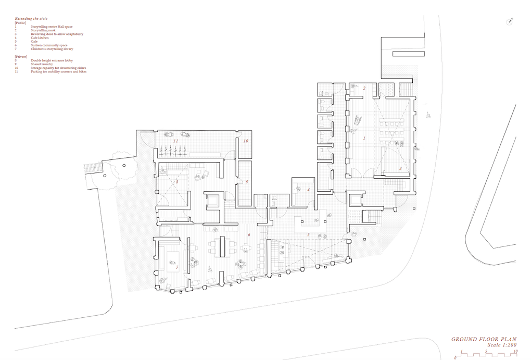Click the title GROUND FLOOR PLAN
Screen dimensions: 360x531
484,339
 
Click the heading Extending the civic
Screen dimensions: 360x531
31,18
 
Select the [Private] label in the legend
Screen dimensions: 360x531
21,56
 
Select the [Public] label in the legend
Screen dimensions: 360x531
20,22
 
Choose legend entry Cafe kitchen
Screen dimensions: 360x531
40,38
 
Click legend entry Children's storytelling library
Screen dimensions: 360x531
52,49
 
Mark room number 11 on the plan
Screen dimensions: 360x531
175,141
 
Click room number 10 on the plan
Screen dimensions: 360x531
246,141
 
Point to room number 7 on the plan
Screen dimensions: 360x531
177,267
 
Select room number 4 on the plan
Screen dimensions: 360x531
308,190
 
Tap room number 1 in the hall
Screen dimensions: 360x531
364,138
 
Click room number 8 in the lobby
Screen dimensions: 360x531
177,182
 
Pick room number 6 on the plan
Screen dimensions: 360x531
249,235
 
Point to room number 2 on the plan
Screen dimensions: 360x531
364,88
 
